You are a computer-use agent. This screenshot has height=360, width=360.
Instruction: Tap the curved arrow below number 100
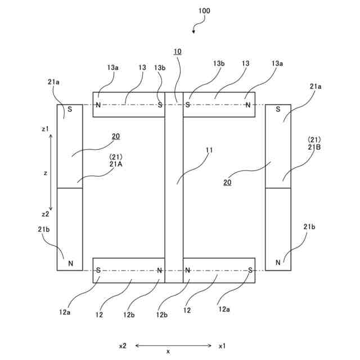point(197,26)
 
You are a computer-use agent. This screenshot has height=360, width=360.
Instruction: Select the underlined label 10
point(177,52)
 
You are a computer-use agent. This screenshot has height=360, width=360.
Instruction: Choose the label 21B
point(314,147)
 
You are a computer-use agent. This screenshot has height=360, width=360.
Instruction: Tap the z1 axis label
point(46,129)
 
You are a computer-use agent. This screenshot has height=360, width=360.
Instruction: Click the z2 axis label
point(46,214)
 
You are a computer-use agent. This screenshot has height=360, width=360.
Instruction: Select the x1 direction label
point(222,346)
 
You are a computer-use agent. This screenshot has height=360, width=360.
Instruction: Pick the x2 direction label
point(123,346)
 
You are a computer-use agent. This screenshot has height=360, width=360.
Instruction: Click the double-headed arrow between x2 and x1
point(173,346)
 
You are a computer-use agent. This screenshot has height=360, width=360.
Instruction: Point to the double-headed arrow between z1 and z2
point(51,172)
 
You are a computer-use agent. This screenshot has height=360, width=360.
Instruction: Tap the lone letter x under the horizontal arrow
point(168,352)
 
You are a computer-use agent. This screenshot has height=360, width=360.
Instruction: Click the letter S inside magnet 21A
point(70,109)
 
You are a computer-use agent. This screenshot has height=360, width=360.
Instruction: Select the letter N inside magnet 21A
point(70,263)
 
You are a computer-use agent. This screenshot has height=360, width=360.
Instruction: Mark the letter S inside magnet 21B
point(278,109)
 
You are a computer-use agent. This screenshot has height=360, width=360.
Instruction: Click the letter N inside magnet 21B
point(278,263)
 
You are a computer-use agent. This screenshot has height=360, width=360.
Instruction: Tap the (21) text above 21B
point(314,139)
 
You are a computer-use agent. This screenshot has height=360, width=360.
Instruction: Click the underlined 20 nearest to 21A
point(115,136)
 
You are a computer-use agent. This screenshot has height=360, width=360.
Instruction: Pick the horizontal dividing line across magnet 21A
point(70,188)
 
